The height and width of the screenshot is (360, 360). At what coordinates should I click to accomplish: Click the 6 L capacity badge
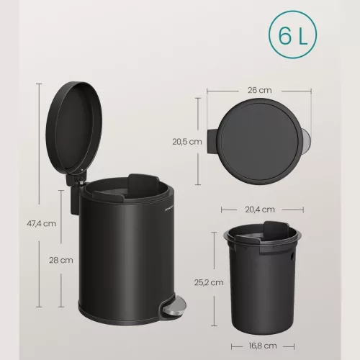(292, 35)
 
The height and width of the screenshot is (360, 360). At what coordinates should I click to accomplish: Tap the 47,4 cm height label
(42, 224)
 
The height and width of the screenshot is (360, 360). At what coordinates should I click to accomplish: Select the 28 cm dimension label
(61, 260)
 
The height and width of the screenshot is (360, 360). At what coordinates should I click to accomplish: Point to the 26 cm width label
(260, 90)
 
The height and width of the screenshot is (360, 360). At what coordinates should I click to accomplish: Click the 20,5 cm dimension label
(187, 142)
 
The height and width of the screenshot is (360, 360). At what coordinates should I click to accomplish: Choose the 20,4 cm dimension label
(260, 210)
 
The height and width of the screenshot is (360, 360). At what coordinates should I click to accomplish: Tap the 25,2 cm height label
(209, 282)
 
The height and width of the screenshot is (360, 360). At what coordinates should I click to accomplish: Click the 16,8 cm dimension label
(263, 346)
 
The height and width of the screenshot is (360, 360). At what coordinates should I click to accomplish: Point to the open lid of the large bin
(74, 128)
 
